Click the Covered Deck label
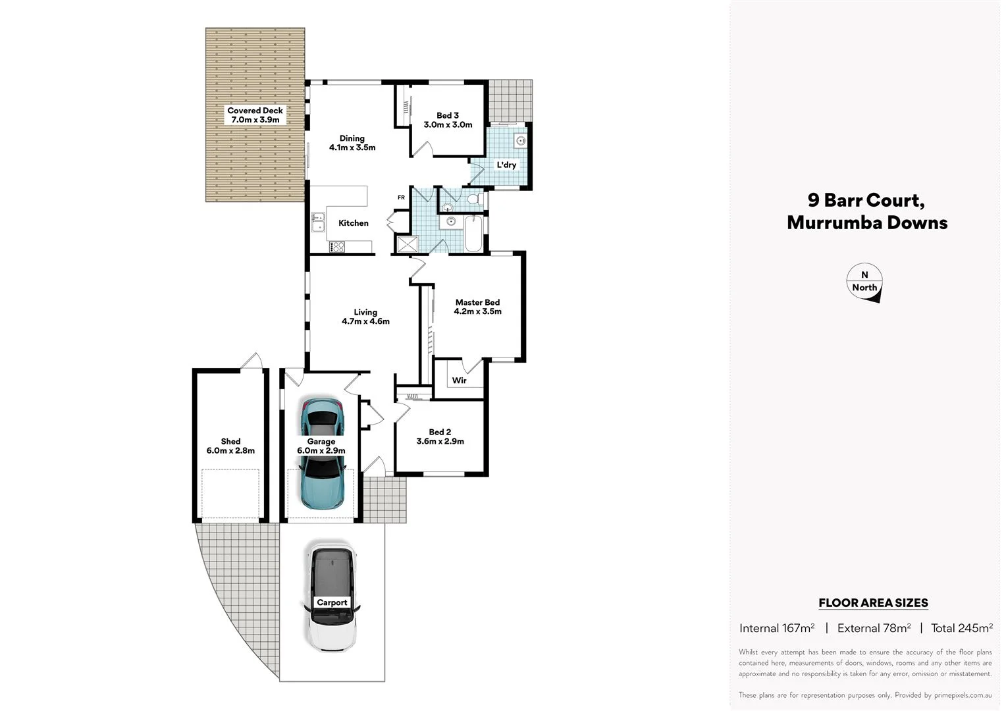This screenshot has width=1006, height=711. (255, 115)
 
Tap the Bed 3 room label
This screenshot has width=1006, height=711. (448, 120)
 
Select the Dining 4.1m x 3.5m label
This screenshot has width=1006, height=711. (352, 143)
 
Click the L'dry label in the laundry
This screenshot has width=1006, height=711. (506, 165)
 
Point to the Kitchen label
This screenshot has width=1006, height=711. (354, 223)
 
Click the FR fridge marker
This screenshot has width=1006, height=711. (401, 197)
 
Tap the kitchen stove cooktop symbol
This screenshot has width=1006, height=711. (337, 247)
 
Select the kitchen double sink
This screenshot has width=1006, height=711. (318, 222)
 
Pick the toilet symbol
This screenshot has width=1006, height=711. (473, 199)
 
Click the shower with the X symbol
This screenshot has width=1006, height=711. (407, 244)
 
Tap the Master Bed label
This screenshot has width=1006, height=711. (477, 307)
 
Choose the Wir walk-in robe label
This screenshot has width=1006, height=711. (459, 381)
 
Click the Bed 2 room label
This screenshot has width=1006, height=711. (440, 436)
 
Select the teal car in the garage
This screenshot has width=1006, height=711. (322, 454)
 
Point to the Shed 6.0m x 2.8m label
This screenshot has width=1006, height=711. (230, 446)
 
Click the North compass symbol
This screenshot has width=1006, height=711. (864, 283)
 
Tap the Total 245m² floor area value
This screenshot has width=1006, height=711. (961, 628)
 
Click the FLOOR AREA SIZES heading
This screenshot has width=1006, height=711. (873, 602)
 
